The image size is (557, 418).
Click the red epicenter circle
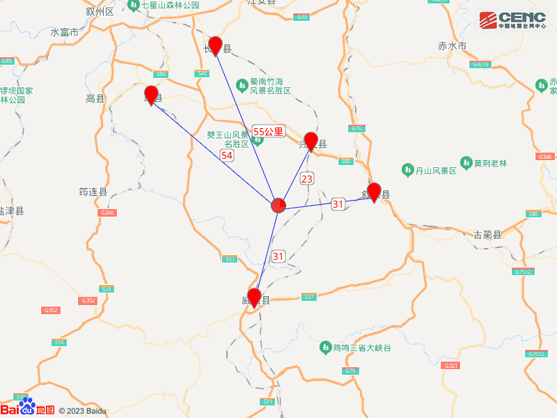pyautogui.click(x=278, y=206)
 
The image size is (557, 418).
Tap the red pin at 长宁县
pyautogui.click(x=216, y=45)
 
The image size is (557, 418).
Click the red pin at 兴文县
pyautogui.click(x=311, y=141)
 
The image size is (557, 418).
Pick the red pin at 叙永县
pyautogui.click(x=374, y=191)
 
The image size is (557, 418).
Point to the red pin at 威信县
pyautogui.click(x=254, y=297)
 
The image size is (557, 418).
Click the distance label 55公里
pyautogui.click(x=268, y=131)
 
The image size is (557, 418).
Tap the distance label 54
pyautogui.click(x=227, y=155)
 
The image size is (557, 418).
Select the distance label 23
pyautogui.click(x=307, y=179)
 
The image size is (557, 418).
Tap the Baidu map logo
pyautogui.click(x=28, y=408)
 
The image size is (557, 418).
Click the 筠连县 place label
pyautogui.click(x=93, y=192)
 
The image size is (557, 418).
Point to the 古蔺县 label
pyautogui.click(x=487, y=235)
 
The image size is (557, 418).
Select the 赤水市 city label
pyautogui.click(x=452, y=46)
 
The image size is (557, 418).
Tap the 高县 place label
pyautogui.click(x=95, y=99)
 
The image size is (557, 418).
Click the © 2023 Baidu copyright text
pyautogui.click(x=82, y=411)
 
